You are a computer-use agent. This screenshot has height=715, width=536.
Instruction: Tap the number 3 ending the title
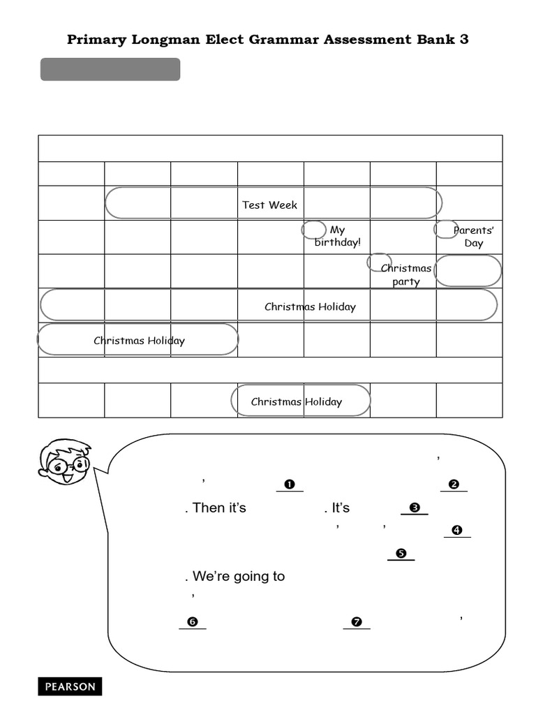click(x=464, y=39)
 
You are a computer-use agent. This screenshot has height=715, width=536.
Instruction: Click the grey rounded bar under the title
click(x=110, y=70)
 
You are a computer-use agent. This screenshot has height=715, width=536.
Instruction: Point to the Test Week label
click(x=269, y=205)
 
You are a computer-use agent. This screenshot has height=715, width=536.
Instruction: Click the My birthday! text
click(x=338, y=236)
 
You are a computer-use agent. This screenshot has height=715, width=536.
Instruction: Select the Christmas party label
click(x=406, y=275)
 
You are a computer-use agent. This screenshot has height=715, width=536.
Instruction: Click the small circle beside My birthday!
click(x=313, y=230)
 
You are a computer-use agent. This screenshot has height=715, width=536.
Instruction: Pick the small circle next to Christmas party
click(x=379, y=262)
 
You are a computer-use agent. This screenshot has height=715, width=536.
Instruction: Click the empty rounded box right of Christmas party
click(x=468, y=271)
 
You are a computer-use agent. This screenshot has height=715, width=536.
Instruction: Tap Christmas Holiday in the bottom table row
click(x=297, y=401)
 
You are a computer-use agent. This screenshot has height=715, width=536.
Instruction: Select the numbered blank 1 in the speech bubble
click(x=290, y=485)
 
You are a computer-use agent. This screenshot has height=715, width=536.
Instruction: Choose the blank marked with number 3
click(x=414, y=508)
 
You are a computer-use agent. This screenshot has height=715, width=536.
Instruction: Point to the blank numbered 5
click(x=401, y=554)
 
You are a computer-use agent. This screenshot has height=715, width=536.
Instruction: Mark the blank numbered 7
click(x=356, y=623)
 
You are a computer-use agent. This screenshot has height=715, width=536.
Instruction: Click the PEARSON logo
click(x=70, y=686)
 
